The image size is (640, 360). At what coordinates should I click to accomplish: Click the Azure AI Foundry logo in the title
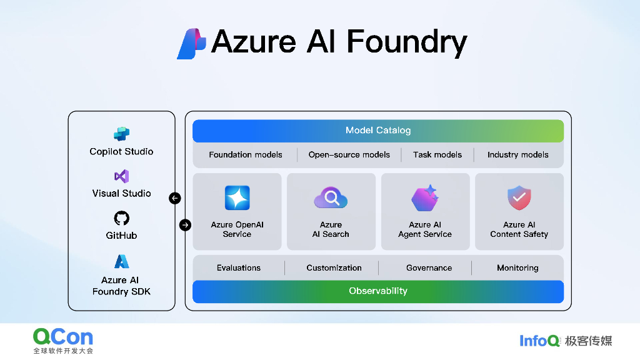191,44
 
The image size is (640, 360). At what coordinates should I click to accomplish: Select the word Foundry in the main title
406,42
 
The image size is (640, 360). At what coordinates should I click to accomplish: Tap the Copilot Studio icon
121,134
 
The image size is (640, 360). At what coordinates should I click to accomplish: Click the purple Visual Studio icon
121,176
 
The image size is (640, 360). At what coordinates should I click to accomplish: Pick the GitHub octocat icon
121,218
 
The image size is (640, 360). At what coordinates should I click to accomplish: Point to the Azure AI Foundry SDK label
121,286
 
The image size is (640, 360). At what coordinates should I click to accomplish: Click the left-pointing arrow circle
175,198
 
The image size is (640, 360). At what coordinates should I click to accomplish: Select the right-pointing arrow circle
185,225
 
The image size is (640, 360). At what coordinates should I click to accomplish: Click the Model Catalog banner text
378,131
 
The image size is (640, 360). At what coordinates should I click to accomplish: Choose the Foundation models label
246,154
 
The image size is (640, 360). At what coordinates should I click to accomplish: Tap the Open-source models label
349,154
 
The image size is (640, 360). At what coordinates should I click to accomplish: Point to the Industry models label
517,154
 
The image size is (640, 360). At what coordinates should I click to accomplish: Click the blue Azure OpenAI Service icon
237,198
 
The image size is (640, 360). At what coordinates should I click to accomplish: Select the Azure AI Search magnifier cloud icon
331,198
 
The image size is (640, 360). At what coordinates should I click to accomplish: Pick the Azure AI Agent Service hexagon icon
425,198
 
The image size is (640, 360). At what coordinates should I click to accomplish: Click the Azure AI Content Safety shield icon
519,198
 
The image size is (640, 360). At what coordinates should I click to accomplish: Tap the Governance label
429,267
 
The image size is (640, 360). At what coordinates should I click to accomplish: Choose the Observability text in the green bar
378,291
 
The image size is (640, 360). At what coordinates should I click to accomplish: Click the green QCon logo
63,337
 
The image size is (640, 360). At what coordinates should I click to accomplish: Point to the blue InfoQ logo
540,341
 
